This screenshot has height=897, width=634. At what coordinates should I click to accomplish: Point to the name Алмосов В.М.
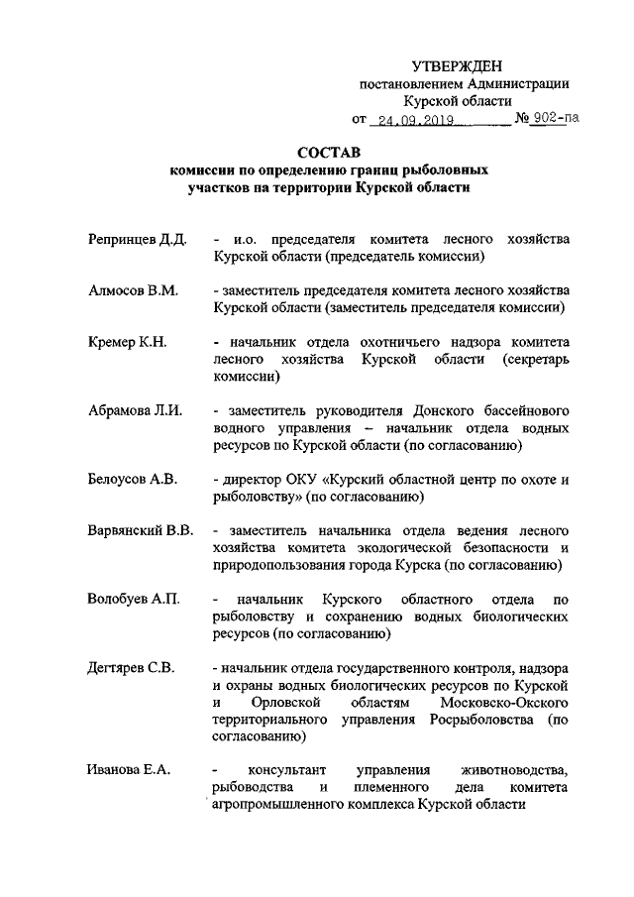pyautogui.click(x=131, y=290)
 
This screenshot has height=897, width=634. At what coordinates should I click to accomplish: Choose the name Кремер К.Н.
pyautogui.click(x=126, y=342)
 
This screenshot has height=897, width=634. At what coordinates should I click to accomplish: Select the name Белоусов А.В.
pyautogui.click(x=132, y=480)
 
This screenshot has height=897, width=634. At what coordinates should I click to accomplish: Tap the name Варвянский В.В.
pyautogui.click(x=140, y=531)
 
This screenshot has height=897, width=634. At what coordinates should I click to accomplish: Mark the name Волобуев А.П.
pyautogui.click(x=133, y=600)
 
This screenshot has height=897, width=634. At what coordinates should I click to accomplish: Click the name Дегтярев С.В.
pyautogui.click(x=131, y=668)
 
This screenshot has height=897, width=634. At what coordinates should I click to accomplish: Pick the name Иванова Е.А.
pyautogui.click(x=128, y=771)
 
